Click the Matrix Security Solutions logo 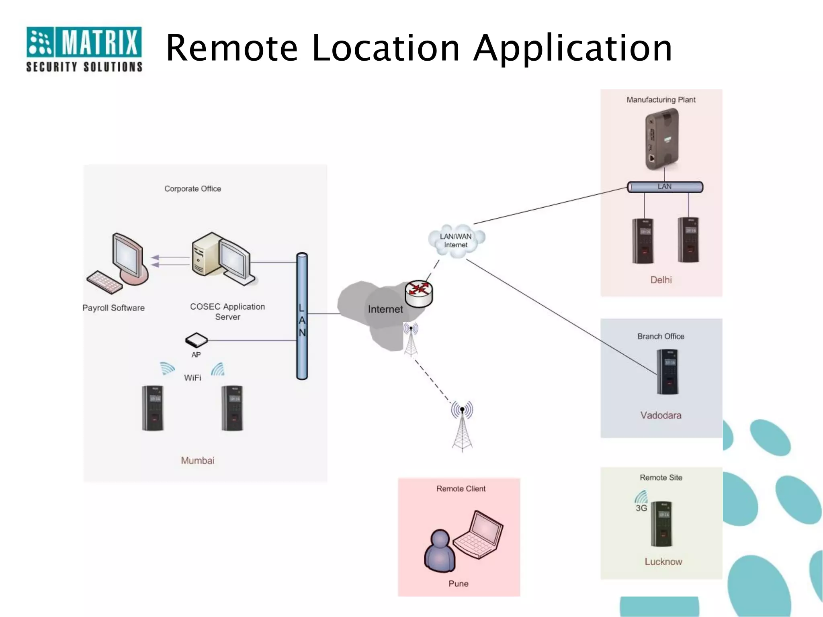click(84, 49)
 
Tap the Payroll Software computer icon click(119, 263)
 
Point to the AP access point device click(196, 340)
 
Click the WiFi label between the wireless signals click(192, 378)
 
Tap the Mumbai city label click(197, 460)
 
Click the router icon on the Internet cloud click(418, 293)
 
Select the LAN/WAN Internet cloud click(456, 241)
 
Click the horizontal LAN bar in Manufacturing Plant click(665, 187)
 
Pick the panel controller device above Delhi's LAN click(662, 139)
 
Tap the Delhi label click(661, 280)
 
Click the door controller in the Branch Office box click(667, 372)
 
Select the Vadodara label click(661, 415)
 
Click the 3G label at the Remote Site click(641, 508)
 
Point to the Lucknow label click(663, 562)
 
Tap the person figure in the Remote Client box click(440, 550)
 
